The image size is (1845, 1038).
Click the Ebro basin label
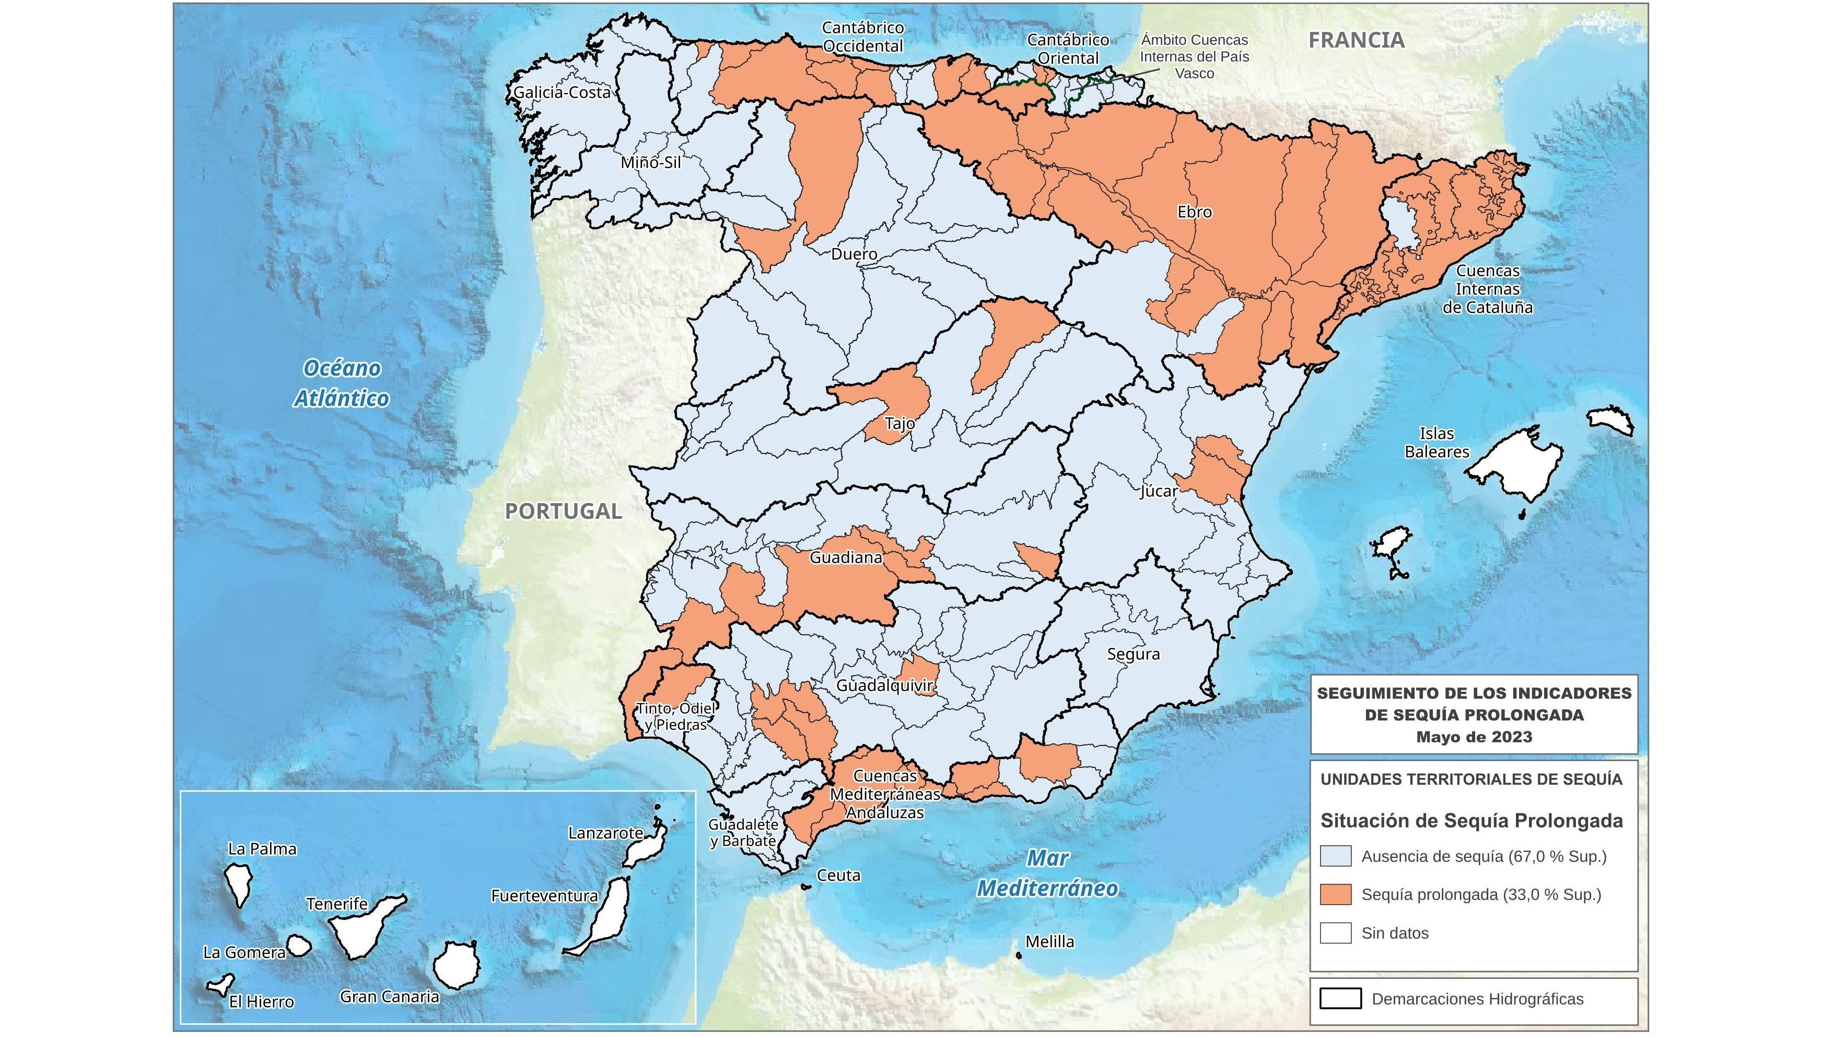pos(1194,212)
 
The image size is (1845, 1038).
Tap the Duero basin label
pos(854,254)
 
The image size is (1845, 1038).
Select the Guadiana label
pos(845,557)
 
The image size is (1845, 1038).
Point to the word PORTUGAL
pos(563,511)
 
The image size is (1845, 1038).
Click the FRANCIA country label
pos(1356,41)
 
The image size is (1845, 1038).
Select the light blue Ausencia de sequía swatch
pos(1336,856)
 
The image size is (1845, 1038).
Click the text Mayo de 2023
pos(1474,737)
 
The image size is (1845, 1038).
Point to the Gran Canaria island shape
pos(456,965)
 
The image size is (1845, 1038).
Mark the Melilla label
pos(1049,941)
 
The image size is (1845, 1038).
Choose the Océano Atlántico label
pos(342,383)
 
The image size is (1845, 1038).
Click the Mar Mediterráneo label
pos(1047,873)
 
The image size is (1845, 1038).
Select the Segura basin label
pos(1133,654)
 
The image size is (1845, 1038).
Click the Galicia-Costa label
pos(562,92)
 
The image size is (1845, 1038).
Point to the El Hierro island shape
pos(220,986)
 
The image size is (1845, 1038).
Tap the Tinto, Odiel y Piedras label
pos(675,716)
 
